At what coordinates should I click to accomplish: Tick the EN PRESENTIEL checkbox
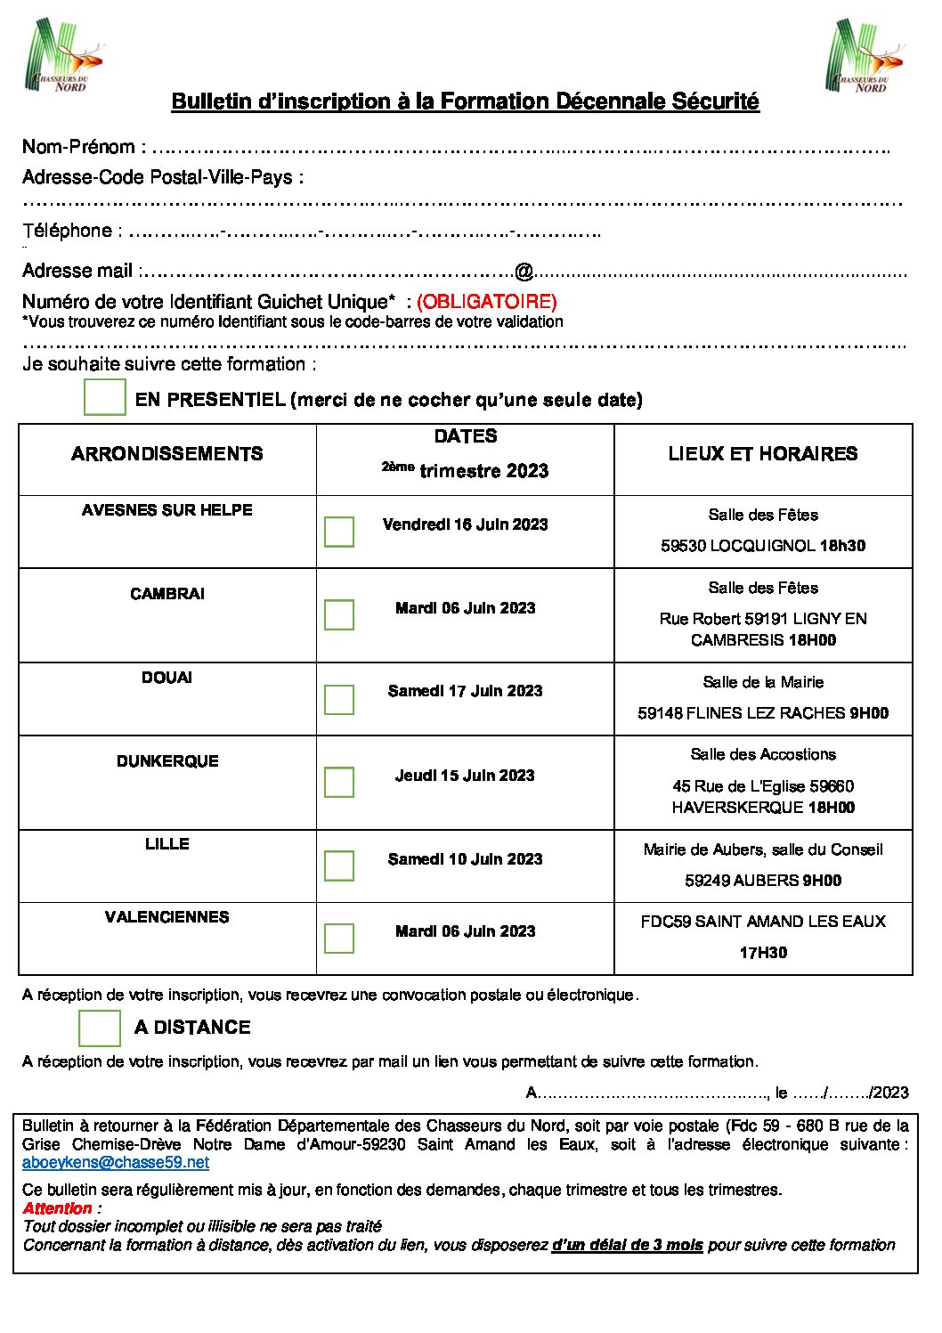click(x=105, y=397)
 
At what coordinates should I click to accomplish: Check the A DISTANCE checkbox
click(x=100, y=1028)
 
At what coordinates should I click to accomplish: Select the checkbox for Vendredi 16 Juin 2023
click(x=339, y=532)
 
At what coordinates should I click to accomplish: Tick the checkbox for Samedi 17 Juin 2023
click(x=339, y=699)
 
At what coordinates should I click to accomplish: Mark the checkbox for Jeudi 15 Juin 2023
click(x=339, y=782)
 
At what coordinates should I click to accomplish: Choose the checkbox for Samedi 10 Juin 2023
click(x=339, y=866)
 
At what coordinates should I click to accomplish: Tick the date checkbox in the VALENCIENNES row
click(x=339, y=938)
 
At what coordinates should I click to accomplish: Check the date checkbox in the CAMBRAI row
click(x=339, y=614)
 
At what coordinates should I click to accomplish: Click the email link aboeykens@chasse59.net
click(x=116, y=1162)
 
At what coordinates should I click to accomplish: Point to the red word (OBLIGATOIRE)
click(x=486, y=302)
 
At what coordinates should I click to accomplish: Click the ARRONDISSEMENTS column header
click(x=167, y=454)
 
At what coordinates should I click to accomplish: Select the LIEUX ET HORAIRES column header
click(x=763, y=454)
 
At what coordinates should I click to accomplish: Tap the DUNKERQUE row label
click(x=167, y=761)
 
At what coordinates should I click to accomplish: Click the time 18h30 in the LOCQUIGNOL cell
click(x=842, y=546)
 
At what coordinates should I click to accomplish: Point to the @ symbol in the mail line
click(x=524, y=271)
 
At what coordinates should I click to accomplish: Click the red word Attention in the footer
click(x=58, y=1208)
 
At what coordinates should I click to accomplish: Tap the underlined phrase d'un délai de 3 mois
click(x=627, y=1245)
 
